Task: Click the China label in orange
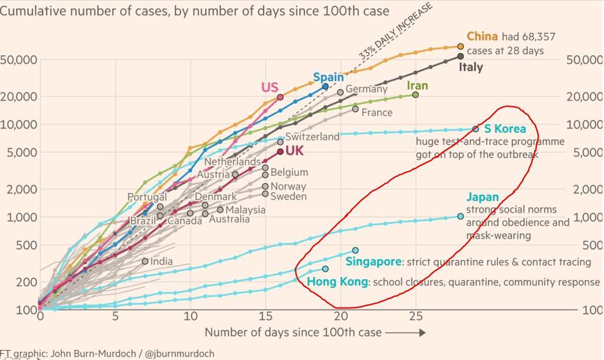pyautogui.click(x=482, y=37)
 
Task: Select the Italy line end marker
pyautogui.click(x=461, y=56)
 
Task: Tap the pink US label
pyautogui.click(x=270, y=88)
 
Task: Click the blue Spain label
pyautogui.click(x=328, y=77)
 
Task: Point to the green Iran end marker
pyautogui.click(x=415, y=94)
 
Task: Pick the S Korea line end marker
pyautogui.click(x=476, y=129)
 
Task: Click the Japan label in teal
pyautogui.click(x=482, y=197)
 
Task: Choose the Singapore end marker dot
pyautogui.click(x=355, y=250)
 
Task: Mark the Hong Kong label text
pyautogui.click(x=337, y=282)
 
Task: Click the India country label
pyautogui.click(x=162, y=261)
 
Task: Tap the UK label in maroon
pyautogui.click(x=294, y=151)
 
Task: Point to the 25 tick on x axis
pyautogui.click(x=415, y=316)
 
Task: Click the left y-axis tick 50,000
pyautogui.click(x=19, y=60)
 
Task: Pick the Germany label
pyautogui.click(x=366, y=89)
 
